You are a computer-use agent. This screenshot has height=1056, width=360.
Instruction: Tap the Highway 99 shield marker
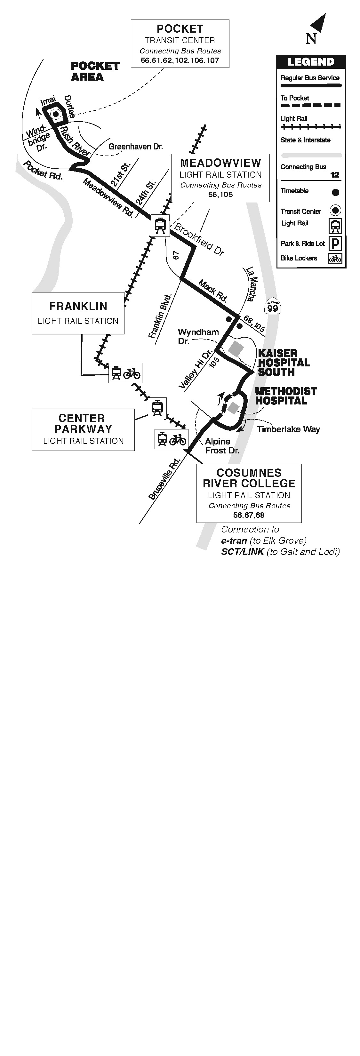[x=272, y=306]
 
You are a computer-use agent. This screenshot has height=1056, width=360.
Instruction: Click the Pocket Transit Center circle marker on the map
[x=55, y=114]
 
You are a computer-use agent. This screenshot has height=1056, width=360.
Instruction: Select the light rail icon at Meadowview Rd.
[x=160, y=225]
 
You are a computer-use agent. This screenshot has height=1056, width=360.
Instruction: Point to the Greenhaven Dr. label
[x=135, y=146]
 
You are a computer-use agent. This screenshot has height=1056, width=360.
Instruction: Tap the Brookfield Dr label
[x=199, y=239]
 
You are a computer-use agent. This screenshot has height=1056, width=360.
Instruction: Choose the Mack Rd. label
[x=213, y=290]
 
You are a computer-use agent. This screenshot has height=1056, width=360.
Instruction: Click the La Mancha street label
[x=252, y=284]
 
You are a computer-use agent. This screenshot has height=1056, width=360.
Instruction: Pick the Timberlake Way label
[x=288, y=429]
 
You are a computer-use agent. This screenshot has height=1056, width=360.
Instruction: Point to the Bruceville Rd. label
[x=164, y=479]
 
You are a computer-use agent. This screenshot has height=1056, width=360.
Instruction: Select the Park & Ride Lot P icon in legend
[x=335, y=244]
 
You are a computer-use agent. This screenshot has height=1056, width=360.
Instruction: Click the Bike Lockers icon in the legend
[x=335, y=259]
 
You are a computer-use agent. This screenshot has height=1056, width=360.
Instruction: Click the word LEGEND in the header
[x=311, y=62]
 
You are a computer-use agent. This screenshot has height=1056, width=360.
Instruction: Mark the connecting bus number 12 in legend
[x=335, y=175]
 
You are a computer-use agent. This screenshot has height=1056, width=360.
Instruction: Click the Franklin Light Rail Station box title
[x=78, y=306]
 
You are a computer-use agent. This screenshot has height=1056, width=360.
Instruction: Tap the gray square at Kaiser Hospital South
[x=236, y=349]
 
